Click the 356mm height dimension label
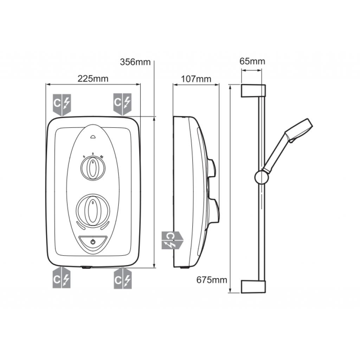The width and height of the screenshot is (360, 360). [135, 62]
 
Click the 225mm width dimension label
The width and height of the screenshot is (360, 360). [93, 79]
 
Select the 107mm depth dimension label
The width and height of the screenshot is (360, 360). [196, 79]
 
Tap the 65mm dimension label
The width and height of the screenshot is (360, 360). [252, 61]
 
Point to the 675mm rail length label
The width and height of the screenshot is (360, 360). [212, 280]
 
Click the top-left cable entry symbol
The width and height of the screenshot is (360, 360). [62, 104]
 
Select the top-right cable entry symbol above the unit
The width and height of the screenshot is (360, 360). [122, 104]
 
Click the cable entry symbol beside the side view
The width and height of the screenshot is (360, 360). [172, 240]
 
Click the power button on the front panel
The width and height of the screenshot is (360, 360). [93, 242]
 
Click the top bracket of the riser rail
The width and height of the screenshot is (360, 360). [253, 90]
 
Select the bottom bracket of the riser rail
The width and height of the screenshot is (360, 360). [253, 287]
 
